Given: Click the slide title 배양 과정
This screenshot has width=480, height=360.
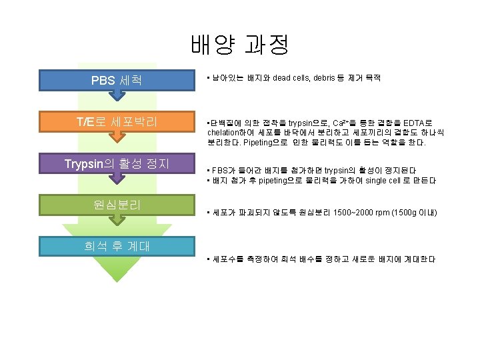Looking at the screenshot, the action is tap(239, 45).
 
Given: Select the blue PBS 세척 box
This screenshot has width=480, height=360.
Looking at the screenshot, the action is tap(116, 80).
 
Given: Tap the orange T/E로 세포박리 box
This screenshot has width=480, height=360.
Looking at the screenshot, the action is tap(116, 121).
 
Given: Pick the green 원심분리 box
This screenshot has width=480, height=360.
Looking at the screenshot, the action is tap(116, 203).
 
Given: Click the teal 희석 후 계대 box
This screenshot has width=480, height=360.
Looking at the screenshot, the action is tap(116, 245).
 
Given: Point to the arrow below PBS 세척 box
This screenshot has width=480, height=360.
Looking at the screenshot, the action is tap(117, 95).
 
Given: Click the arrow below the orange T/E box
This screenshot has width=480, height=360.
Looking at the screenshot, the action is tap(117, 137).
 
